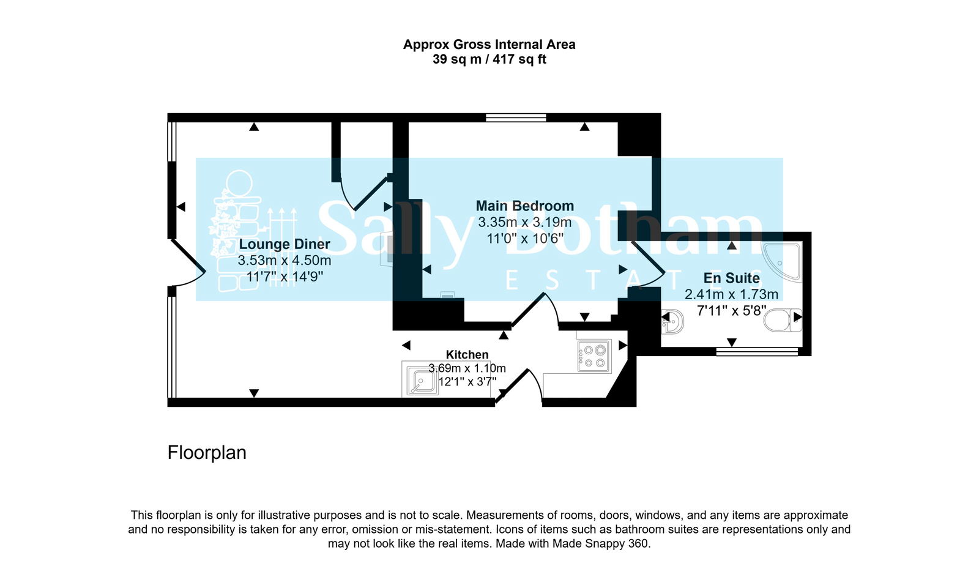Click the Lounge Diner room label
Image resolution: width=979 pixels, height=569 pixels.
pyautogui.click(x=285, y=244)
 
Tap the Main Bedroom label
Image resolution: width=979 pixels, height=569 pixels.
pyautogui.click(x=525, y=206)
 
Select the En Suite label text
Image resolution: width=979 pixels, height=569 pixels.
pyautogui.click(x=731, y=278)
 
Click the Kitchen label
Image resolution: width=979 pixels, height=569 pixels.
pyautogui.click(x=467, y=355)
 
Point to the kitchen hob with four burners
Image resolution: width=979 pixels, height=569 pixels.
pyautogui.click(x=594, y=356)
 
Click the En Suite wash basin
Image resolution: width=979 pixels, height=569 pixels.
pyautogui.click(x=672, y=321)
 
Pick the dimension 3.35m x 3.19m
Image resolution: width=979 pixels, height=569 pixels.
pyautogui.click(x=525, y=222)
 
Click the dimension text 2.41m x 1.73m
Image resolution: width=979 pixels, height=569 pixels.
pyautogui.click(x=731, y=295)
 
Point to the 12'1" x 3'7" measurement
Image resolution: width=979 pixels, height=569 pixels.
pyautogui.click(x=467, y=382)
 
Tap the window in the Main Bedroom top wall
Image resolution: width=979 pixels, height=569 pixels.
pyautogui.click(x=516, y=117)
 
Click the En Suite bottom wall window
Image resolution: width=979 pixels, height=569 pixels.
pyautogui.click(x=757, y=351)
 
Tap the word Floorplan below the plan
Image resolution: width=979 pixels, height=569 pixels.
pyautogui.click(x=207, y=453)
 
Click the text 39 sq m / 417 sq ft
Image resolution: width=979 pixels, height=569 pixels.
pyautogui.click(x=489, y=59)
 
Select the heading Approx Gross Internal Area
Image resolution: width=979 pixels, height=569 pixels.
pyautogui.click(x=489, y=45)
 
